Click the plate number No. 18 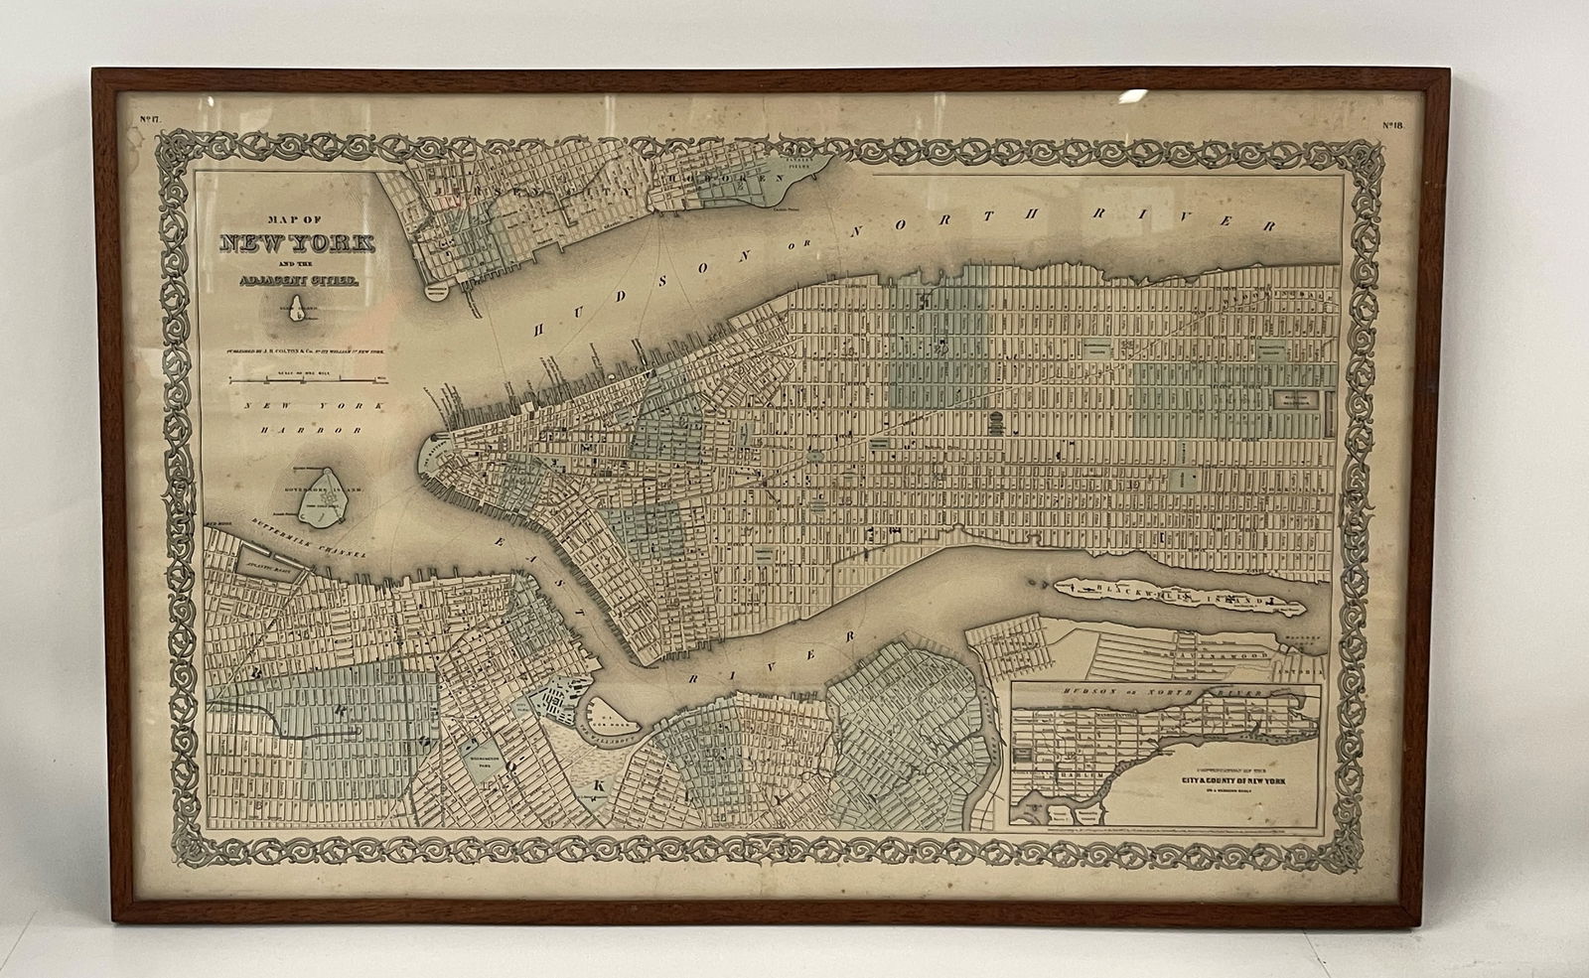(1391, 125)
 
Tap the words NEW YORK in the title (298, 243)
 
